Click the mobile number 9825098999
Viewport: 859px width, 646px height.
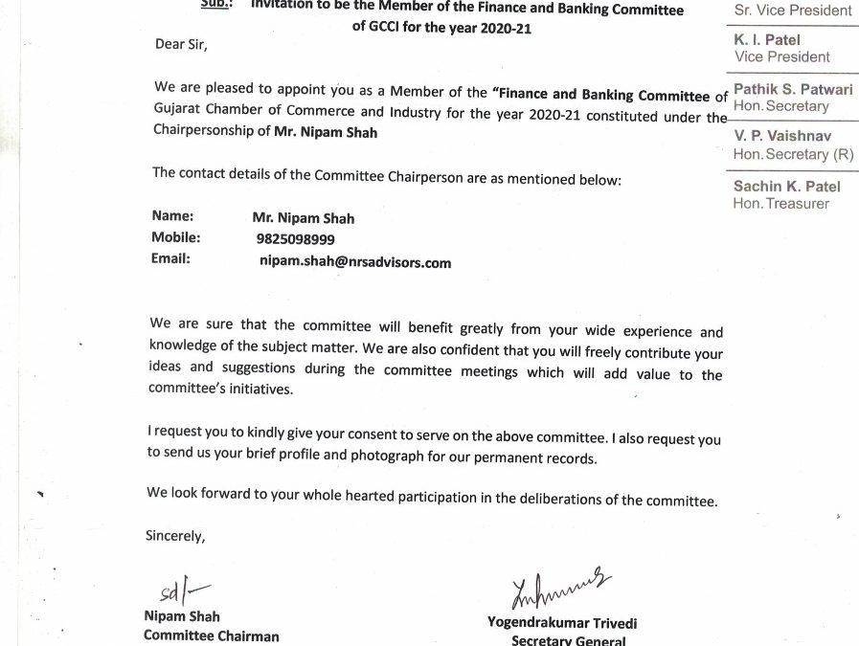(x=295, y=239)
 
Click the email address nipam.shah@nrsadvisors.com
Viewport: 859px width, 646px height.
(x=354, y=262)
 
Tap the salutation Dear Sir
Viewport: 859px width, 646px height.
(x=180, y=44)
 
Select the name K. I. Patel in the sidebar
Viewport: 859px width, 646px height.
(x=767, y=40)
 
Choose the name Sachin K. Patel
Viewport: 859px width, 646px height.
(x=785, y=187)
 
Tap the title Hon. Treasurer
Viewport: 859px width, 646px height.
(x=780, y=203)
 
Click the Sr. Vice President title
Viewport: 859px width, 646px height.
(x=792, y=11)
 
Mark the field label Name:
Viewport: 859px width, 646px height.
(x=172, y=216)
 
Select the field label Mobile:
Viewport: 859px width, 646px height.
(x=175, y=237)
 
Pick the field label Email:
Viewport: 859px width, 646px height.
(x=170, y=259)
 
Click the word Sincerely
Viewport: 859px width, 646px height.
(x=174, y=536)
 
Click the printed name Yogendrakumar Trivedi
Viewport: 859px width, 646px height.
(x=561, y=623)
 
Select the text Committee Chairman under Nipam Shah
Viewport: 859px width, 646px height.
(x=211, y=635)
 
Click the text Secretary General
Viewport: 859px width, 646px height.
(x=568, y=640)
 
